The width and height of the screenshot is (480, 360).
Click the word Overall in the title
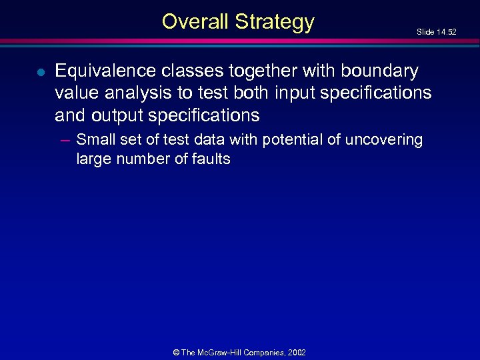[x=194, y=21]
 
